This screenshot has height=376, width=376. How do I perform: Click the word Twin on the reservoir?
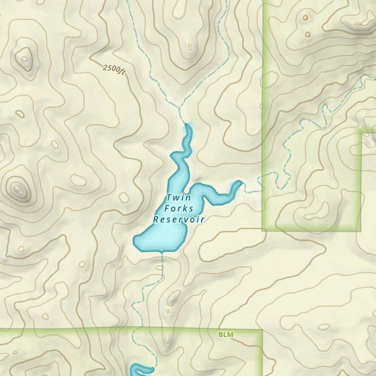pyautogui.click(x=179, y=198)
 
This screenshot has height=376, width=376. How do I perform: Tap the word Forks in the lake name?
pyautogui.click(x=179, y=209)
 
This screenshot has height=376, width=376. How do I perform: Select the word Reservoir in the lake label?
pyautogui.click(x=179, y=219)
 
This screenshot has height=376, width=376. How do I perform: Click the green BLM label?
pyautogui.click(x=226, y=334)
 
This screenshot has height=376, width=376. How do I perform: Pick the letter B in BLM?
pyautogui.click(x=221, y=334)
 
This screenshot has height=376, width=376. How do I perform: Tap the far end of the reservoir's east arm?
pyautogui.click(x=239, y=183)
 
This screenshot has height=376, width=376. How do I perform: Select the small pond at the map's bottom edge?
pyautogui.click(x=141, y=370)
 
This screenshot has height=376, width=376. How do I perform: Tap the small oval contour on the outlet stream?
pyautogui.click(x=160, y=267)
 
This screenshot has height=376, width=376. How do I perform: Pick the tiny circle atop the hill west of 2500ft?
pyautogui.click(x=25, y=58)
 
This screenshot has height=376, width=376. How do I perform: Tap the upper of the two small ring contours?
pyautogui.click(x=305, y=17)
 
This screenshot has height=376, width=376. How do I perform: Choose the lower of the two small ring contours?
pyautogui.click(x=308, y=34)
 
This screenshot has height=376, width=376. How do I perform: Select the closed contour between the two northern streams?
pyautogui.click(x=190, y=48)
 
